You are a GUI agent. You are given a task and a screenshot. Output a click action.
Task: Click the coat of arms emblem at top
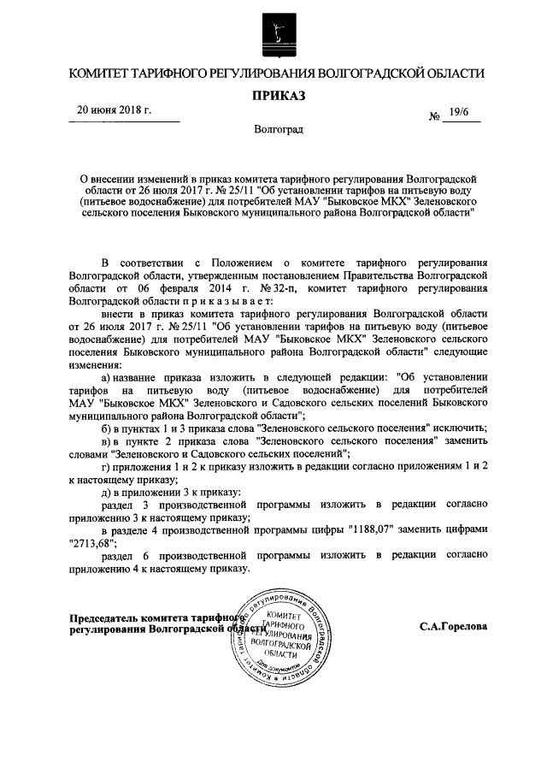tap(273, 32)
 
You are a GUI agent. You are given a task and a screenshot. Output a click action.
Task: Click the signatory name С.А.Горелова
tap(454, 626)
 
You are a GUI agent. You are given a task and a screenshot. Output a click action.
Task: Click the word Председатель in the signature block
tap(108, 619)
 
